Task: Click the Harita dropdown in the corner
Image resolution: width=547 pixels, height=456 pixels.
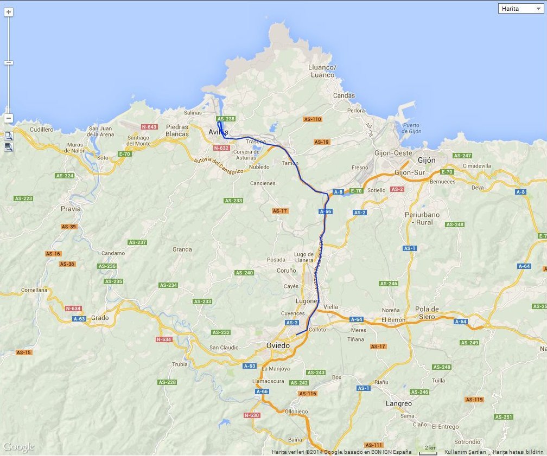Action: pos(520,9)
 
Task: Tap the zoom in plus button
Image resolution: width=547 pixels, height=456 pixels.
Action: pos(9,11)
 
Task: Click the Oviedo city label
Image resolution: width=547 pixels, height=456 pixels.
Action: pos(278,345)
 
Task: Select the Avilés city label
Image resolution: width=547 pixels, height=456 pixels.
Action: pos(219,132)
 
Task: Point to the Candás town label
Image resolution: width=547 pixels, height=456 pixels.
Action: pos(344,96)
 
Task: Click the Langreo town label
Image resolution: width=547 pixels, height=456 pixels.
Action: pos(398,403)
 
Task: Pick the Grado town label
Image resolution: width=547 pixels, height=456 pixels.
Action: pos(100,318)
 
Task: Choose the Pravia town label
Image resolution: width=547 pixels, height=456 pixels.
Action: pos(71,208)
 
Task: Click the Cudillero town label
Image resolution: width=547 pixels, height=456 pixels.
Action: pos(42,130)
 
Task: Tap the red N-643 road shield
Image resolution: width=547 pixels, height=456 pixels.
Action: pos(149,127)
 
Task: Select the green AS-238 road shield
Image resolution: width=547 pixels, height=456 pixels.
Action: pos(226,119)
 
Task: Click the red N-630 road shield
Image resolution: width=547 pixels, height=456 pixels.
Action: pos(252,415)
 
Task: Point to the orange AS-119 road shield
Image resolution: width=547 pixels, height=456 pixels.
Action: pos(474,400)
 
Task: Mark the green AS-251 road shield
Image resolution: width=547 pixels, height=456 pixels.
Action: pos(503,417)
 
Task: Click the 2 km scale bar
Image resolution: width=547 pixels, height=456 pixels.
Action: pos(428,451)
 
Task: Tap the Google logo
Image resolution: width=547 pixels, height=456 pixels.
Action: pos(18,447)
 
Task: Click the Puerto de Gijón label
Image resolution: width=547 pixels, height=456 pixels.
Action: pos(411,128)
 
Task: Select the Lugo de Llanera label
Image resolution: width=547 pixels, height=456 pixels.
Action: pos(304,257)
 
